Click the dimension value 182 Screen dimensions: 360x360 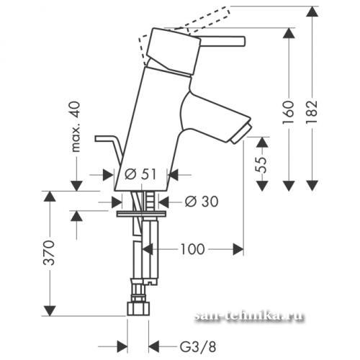click(312, 112)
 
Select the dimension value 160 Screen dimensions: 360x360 click(288, 112)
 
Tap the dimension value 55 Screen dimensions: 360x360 click(261, 165)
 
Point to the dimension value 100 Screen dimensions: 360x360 click(192, 249)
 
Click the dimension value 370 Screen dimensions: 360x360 click(49, 253)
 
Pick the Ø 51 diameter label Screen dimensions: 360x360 click(140, 174)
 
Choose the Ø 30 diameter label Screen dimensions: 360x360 click(202, 202)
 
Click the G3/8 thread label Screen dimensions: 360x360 click(198, 347)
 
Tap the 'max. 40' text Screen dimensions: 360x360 click(76, 127)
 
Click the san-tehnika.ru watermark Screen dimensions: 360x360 click(248, 316)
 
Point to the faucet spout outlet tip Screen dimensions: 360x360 click(242, 133)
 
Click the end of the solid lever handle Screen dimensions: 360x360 click(244, 41)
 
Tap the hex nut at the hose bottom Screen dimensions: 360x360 click(138, 309)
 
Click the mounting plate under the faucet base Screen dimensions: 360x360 click(141, 214)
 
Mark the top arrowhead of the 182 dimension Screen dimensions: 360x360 click(312, 12)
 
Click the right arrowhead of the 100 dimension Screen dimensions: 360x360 click(238, 250)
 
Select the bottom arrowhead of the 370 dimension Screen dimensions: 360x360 click(50, 310)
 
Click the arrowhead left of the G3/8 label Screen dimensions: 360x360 click(122, 347)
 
